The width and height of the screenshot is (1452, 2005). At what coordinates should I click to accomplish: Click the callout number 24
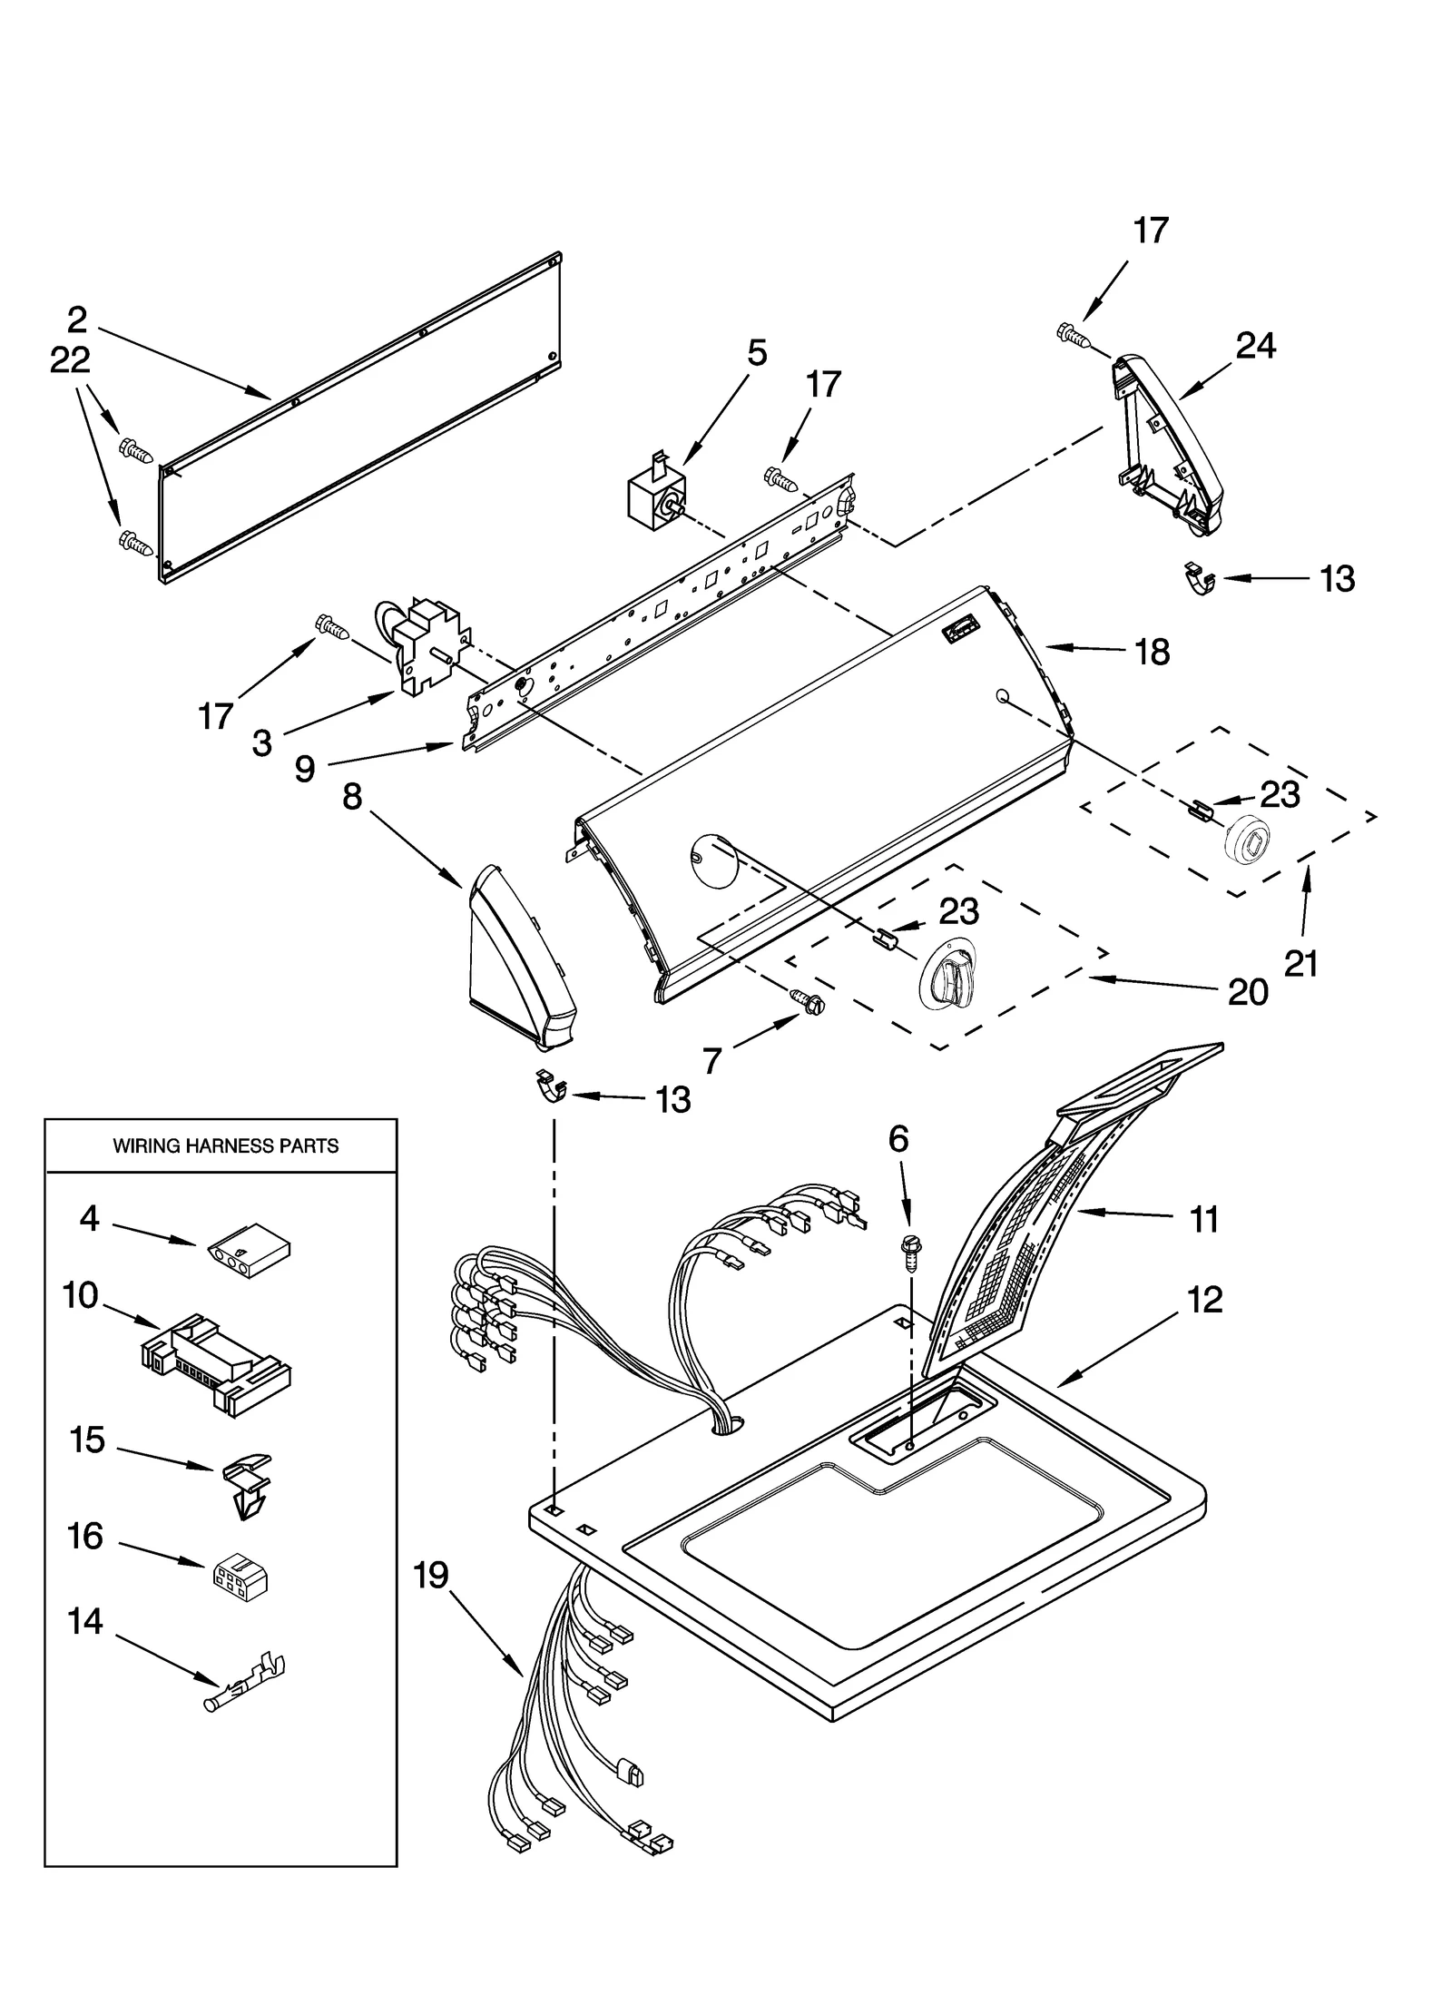click(x=1255, y=347)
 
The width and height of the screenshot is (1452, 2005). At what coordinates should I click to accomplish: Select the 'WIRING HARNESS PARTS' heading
click(x=225, y=1146)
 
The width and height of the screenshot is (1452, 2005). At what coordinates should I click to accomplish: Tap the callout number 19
click(x=431, y=1575)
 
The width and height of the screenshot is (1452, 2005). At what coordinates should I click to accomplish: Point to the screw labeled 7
click(x=811, y=1000)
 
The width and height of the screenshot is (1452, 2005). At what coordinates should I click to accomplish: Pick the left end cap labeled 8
click(x=519, y=958)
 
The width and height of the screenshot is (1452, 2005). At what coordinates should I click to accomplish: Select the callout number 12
click(x=1204, y=1301)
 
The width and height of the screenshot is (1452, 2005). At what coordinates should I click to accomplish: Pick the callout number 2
click(x=77, y=319)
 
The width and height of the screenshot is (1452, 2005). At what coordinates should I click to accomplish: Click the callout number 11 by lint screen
click(x=1203, y=1220)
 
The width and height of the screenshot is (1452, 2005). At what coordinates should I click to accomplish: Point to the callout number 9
click(x=304, y=768)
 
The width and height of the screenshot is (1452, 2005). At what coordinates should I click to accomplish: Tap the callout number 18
click(x=1153, y=652)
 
